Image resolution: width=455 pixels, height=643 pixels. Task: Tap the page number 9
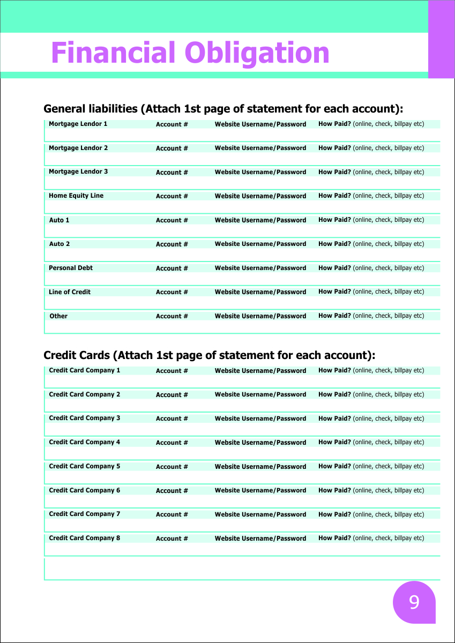tap(414, 602)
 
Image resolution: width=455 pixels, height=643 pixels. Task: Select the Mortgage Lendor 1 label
tap(78, 124)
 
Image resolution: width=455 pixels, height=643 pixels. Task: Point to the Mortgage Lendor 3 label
tap(78, 171)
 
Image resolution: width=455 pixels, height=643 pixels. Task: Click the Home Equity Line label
tap(76, 196)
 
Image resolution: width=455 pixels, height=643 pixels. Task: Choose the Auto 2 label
tap(59, 244)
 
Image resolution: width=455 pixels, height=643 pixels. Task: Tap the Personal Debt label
tap(71, 268)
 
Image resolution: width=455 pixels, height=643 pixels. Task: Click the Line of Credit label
tap(70, 292)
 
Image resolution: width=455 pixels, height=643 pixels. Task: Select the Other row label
tap(58, 316)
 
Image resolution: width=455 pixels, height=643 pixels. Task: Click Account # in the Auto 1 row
tap(172, 220)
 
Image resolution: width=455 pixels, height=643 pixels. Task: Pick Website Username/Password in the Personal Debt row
tap(260, 268)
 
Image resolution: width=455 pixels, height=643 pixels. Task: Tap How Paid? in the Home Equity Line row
tap(334, 196)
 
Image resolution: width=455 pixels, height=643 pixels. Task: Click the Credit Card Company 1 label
tap(85, 370)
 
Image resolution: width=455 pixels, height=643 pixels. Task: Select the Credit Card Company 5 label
tap(85, 466)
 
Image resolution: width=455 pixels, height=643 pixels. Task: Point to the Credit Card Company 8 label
tap(85, 538)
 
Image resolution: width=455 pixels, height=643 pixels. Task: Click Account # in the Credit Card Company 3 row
tap(172, 418)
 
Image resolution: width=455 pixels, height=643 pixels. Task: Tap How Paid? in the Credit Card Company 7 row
tap(334, 514)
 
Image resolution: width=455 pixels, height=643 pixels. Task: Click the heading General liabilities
tap(91, 109)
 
